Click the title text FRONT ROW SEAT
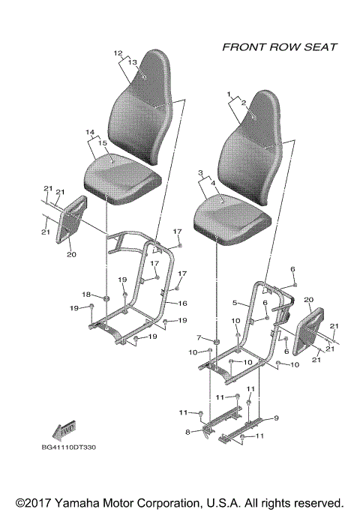(x=279, y=47)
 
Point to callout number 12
(x=117, y=53)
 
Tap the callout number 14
(x=90, y=133)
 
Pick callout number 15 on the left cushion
(x=103, y=142)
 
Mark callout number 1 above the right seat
(x=228, y=94)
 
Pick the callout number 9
(x=275, y=418)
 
